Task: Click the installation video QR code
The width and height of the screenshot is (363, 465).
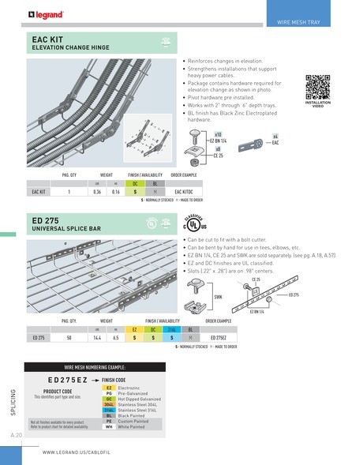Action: pyautogui.click(x=318, y=84)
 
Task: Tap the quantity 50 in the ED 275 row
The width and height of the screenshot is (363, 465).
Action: pyautogui.click(x=69, y=337)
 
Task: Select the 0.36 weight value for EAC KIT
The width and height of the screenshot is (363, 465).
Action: pyautogui.click(x=98, y=191)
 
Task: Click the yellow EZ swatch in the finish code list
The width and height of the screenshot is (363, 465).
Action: pyautogui.click(x=110, y=388)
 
